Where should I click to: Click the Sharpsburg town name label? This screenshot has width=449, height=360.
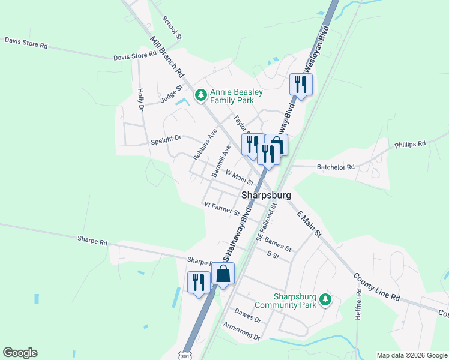coord(266,196)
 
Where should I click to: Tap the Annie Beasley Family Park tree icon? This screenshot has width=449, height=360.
coord(200,95)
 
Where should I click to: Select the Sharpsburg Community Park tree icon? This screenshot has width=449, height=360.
coord(325,299)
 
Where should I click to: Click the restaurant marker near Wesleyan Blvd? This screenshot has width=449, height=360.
coord(301,84)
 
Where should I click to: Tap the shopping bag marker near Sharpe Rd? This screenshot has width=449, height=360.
coord(223,274)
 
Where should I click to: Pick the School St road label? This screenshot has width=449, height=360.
coord(172,28)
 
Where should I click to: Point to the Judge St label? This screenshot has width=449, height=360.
coord(171,96)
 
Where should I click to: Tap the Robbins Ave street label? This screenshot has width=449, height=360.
coord(205,144)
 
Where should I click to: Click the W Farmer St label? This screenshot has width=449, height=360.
coord(221,209)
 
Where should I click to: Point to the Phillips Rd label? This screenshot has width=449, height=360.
coord(410,144)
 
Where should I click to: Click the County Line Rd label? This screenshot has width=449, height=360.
coord(376,287)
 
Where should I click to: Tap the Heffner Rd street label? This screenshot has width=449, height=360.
coord(358,304)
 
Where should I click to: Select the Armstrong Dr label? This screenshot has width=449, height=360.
coord(241,331)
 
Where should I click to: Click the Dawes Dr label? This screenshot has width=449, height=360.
coord(247,315)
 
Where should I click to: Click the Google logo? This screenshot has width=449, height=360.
coord(20,353)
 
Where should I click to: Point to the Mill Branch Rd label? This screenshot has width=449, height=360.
coord(166,57)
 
